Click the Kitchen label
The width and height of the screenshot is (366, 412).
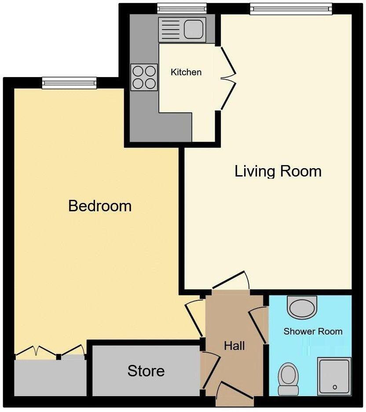(x=186, y=72)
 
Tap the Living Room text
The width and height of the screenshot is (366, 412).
(x=278, y=171)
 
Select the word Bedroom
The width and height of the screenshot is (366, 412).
(x=100, y=206)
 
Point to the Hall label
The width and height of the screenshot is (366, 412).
(x=234, y=346)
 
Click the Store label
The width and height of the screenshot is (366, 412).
(x=146, y=371)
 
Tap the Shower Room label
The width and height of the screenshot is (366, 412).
(x=313, y=331)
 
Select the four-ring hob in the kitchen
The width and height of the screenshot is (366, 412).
(x=144, y=77)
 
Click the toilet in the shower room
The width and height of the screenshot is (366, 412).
(x=289, y=378)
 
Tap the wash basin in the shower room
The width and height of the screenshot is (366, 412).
(x=302, y=306)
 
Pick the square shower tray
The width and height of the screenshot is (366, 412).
(x=334, y=375)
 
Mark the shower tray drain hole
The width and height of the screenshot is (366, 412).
(x=335, y=387)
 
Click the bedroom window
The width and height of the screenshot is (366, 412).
(x=69, y=83)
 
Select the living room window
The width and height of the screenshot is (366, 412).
(x=291, y=8)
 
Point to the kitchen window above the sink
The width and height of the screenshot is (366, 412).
(x=182, y=8)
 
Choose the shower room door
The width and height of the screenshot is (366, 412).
(x=259, y=325)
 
